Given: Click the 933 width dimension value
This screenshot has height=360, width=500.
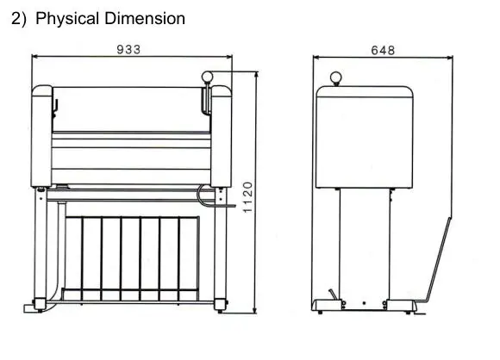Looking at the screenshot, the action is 128,50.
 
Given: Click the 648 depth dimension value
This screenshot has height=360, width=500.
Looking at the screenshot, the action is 383,50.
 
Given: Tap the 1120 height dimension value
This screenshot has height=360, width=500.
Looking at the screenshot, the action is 247,197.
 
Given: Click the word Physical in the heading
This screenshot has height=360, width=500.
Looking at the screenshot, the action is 67,18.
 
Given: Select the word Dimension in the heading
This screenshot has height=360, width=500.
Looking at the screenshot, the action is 145,18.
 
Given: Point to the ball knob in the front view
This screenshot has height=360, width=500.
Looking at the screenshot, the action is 207,77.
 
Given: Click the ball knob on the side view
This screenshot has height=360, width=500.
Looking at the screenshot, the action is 336,78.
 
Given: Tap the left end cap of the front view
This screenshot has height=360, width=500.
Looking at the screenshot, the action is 41,136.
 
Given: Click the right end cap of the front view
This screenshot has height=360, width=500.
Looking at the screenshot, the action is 221,136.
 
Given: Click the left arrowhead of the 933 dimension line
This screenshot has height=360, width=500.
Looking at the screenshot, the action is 35,56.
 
